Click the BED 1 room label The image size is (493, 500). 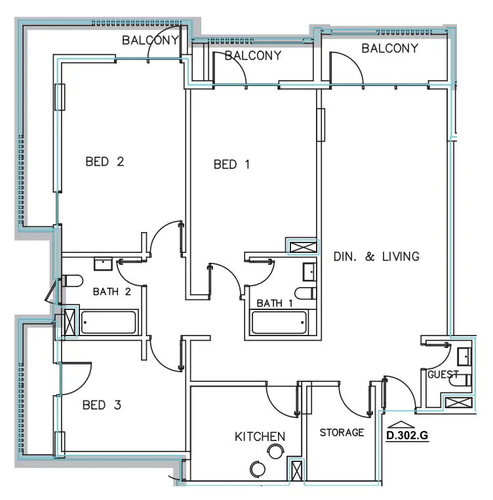[231, 165]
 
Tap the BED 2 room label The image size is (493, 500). [104, 162]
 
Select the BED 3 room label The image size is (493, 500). [102, 406]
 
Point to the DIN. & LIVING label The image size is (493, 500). [376, 256]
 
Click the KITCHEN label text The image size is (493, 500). [260, 436]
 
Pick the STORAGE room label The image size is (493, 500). [342, 433]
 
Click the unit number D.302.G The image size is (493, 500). [407, 434]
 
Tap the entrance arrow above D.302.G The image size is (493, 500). [398, 425]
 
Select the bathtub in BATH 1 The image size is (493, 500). [279, 323]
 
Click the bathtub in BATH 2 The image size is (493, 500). [108, 322]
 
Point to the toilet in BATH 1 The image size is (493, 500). [306, 293]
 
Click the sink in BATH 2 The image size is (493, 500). [103, 264]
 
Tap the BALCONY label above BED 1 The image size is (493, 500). [253, 56]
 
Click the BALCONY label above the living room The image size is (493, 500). [389, 48]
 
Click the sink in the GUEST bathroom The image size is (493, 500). [463, 356]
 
